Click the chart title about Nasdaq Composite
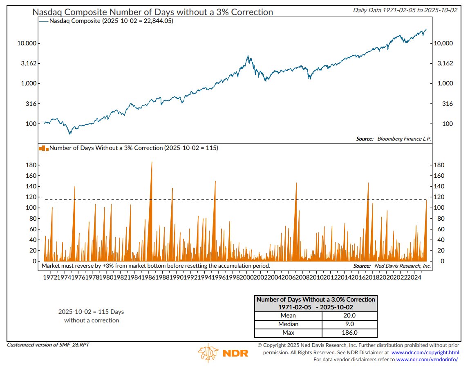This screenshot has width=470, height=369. [152, 12]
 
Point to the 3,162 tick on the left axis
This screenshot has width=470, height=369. [30, 63]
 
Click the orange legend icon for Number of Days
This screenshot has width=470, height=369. [43, 148]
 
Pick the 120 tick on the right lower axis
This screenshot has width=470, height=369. [439, 197]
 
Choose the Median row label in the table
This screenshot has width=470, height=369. [288, 324]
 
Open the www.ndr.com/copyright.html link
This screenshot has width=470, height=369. [425, 352]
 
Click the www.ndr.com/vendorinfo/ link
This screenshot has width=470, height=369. [427, 359]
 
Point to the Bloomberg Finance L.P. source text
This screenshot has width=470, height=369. [403, 139]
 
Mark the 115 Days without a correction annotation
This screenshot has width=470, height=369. [92, 316]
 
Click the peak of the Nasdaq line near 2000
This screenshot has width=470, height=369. [248, 56]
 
